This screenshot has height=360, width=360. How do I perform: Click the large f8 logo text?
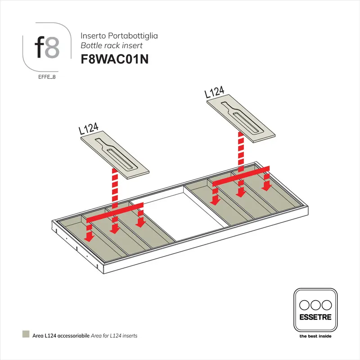pos(47,47)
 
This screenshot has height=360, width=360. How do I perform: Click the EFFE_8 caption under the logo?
pos(47,77)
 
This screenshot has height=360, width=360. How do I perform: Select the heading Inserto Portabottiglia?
pos(119,35)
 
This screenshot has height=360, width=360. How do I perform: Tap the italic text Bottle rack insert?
pos(112,45)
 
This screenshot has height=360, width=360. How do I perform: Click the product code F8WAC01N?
pos(114,59)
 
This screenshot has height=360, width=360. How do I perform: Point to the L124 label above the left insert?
pos(89,128)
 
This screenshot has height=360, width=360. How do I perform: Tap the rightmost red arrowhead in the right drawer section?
pos(267,185)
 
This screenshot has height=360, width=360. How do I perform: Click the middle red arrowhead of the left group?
pos(115,229)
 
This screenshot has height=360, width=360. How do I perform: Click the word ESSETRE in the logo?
pos(315,317)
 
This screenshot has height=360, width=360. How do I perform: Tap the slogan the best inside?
pos(315,336)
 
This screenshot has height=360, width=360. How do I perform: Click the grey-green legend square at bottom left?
pos(25,335)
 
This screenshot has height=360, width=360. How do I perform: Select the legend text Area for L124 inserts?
pos(114,336)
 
